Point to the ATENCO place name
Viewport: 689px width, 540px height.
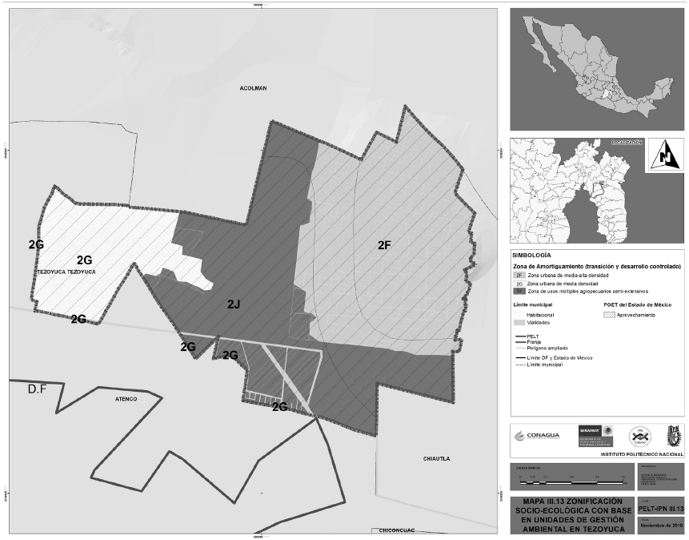(126, 398)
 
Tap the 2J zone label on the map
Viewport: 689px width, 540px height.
(234, 304)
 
